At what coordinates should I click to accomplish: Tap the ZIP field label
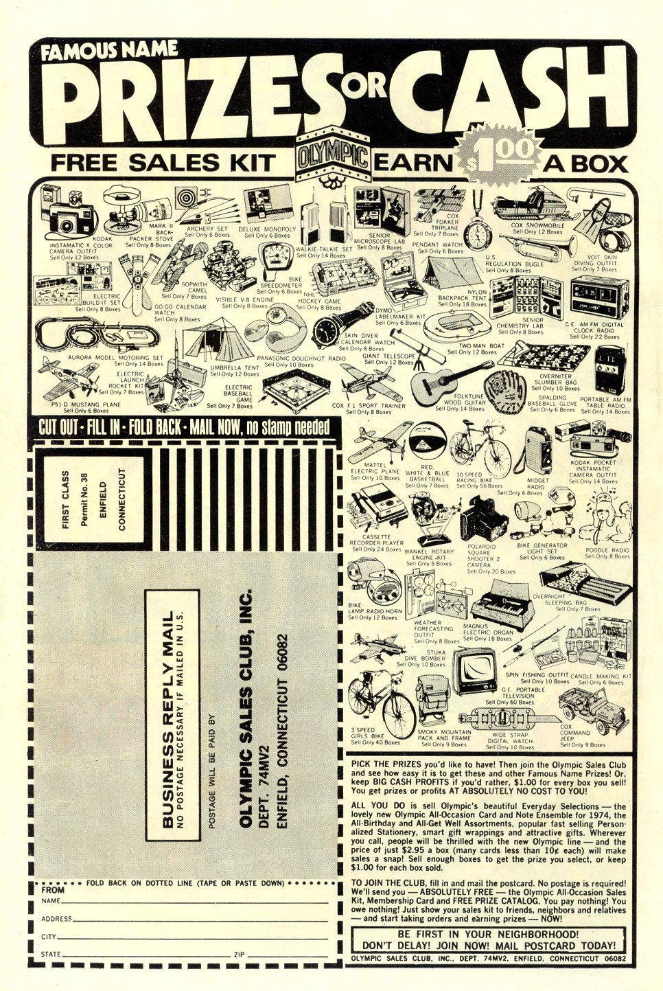(x=239, y=955)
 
